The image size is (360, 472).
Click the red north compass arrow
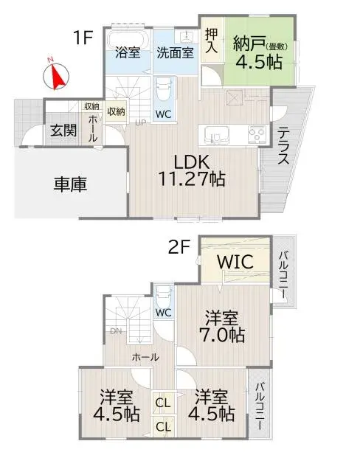57,74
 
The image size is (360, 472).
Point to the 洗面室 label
175,52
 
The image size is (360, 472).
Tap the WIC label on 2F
236,262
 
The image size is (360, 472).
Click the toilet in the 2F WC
164,295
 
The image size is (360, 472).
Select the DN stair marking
115,331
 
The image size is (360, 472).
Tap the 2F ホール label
145,356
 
